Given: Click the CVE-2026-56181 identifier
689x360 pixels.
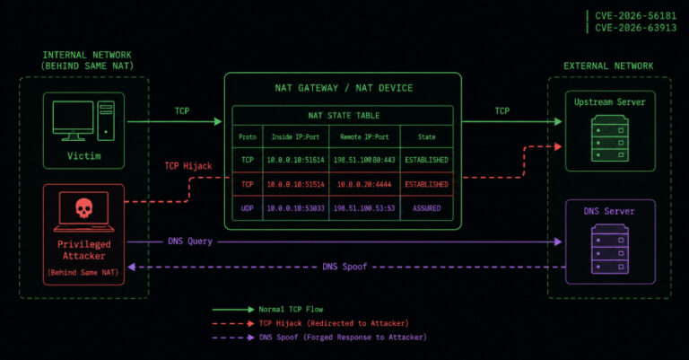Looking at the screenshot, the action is pyautogui.click(x=635, y=16).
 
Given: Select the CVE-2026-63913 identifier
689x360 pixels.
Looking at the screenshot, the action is pyautogui.click(x=635, y=28).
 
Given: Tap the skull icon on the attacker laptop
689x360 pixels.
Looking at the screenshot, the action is pyautogui.click(x=84, y=207).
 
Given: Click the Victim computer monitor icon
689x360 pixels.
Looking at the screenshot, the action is pyautogui.click(x=73, y=120).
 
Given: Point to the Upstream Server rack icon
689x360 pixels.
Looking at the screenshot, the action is pyautogui.click(x=610, y=138).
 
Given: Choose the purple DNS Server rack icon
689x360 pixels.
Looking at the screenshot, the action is pyautogui.click(x=610, y=249).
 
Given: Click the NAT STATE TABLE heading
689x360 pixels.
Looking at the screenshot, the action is pyautogui.click(x=344, y=116).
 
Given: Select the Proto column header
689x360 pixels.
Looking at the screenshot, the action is pyautogui.click(x=248, y=137).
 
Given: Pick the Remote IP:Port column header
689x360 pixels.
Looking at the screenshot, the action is pyautogui.click(x=364, y=137).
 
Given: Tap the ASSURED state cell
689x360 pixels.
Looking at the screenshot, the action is pyautogui.click(x=426, y=208).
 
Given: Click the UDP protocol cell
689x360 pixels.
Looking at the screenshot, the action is pyautogui.click(x=248, y=208).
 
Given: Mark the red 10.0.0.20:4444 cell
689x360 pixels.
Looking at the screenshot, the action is pyautogui.click(x=364, y=185).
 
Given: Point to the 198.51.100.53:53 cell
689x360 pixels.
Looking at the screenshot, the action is pyautogui.click(x=364, y=208).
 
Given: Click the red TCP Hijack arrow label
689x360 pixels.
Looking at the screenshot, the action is pyautogui.click(x=188, y=166).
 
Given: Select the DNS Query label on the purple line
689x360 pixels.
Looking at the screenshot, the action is pyautogui.click(x=190, y=241).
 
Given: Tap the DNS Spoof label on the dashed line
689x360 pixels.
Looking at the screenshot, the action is pyautogui.click(x=344, y=267).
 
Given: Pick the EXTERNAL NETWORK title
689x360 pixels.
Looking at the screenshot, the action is pyautogui.click(x=608, y=66).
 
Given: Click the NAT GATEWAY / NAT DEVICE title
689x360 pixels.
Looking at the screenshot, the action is pyautogui.click(x=344, y=88).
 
